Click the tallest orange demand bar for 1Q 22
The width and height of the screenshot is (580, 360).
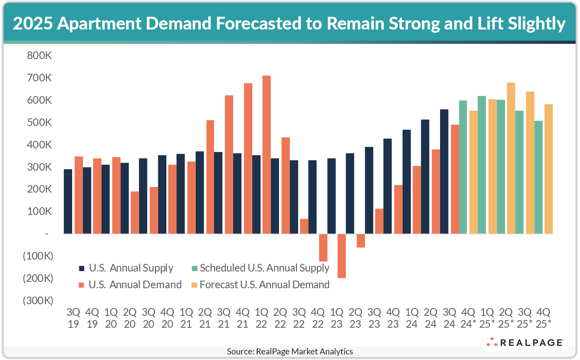tap(267, 154)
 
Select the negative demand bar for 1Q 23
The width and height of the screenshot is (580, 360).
tap(342, 256)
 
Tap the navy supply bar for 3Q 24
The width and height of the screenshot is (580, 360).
tap(444, 171)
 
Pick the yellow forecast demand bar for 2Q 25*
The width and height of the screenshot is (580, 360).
tap(511, 158)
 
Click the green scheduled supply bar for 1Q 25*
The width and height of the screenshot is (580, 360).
tap(482, 165)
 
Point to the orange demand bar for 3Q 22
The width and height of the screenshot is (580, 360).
tap(304, 226)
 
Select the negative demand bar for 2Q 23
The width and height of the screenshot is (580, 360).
tap(361, 241)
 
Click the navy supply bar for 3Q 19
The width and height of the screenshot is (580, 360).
tap(68, 201)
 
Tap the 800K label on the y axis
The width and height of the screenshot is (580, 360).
tap(39, 55)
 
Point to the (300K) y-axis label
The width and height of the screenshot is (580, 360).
tap(38, 301)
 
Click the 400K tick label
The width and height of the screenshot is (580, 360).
tap(39, 145)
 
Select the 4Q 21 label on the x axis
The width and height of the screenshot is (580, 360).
tap(243, 318)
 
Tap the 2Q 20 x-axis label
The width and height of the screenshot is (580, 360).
tap(130, 318)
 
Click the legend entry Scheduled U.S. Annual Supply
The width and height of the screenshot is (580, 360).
tap(264, 268)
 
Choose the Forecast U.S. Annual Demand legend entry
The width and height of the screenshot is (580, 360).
tap(264, 285)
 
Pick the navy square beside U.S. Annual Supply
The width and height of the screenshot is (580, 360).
tap(82, 268)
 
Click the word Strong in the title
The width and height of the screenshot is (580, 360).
tap(414, 24)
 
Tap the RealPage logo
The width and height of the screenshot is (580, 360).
tap(525, 342)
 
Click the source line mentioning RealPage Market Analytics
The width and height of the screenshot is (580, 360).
tap(290, 351)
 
